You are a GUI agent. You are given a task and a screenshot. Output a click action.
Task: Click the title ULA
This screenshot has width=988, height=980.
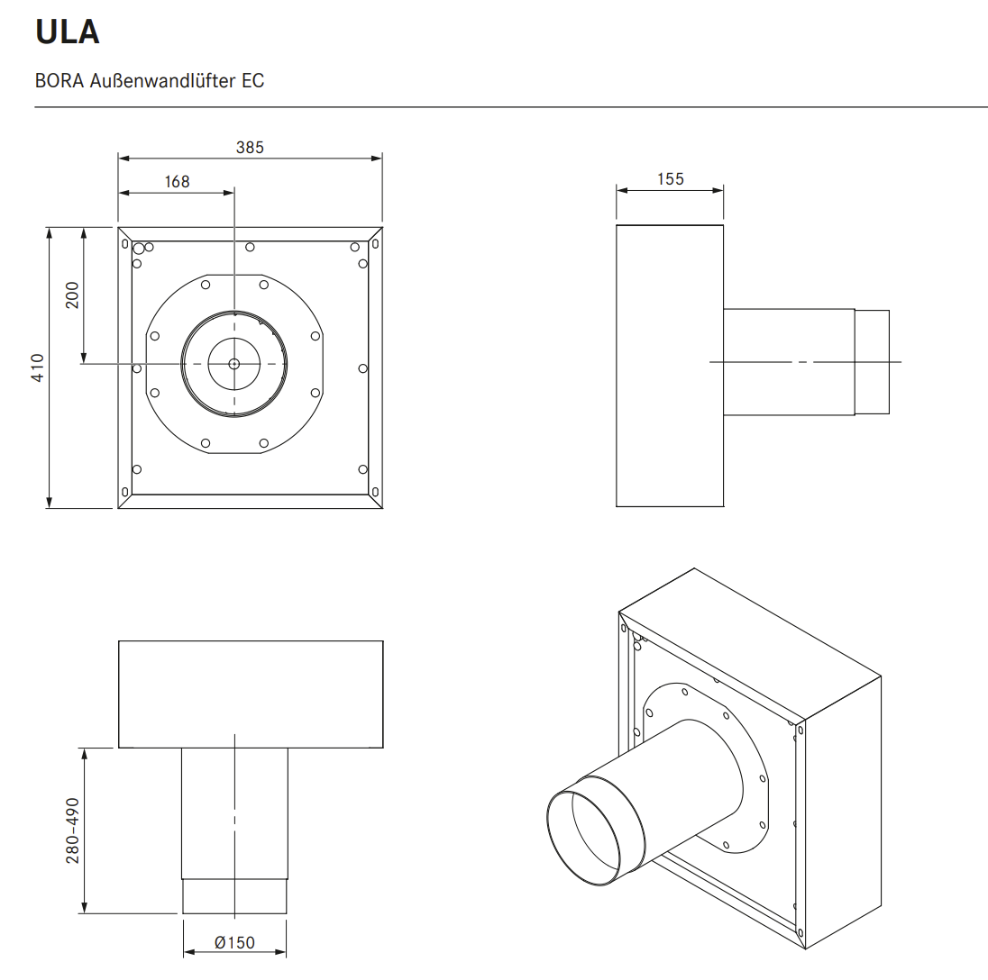(67, 32)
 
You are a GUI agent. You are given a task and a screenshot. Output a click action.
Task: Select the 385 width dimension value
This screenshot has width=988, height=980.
(250, 147)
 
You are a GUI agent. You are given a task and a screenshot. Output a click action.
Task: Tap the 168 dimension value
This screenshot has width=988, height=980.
(177, 181)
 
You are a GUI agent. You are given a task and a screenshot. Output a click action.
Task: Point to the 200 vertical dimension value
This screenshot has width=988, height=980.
(72, 295)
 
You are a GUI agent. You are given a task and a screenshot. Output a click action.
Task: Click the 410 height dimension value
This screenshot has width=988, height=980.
(38, 367)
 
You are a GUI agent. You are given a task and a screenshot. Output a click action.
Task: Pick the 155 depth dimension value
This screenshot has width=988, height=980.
(670, 178)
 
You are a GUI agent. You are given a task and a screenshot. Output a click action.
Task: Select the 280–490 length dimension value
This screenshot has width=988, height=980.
(73, 830)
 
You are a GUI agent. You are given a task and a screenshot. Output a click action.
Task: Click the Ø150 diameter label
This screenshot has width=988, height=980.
(234, 943)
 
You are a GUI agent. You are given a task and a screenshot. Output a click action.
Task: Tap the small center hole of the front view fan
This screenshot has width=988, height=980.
(233, 364)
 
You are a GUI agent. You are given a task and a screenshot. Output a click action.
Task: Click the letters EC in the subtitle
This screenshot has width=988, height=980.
(253, 80)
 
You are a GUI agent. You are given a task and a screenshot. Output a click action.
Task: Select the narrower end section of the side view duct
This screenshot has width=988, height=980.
(872, 362)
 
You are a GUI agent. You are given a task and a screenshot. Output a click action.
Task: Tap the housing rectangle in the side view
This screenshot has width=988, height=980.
(669, 366)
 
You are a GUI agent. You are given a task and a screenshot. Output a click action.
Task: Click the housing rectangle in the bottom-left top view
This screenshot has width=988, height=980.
(251, 694)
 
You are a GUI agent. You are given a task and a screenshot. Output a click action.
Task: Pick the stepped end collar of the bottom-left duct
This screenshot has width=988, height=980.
(234, 895)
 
